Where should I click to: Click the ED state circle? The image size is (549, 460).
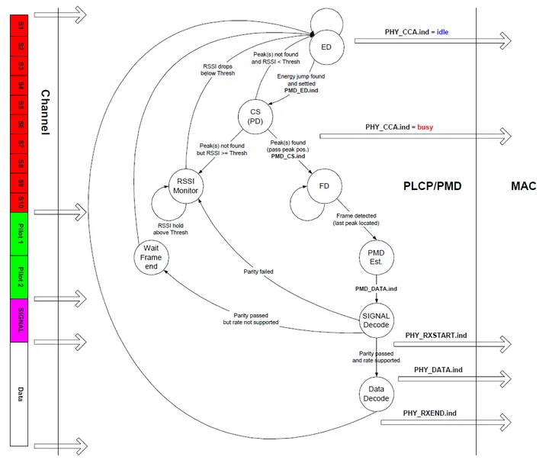[326, 47]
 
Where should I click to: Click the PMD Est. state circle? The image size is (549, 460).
[375, 257]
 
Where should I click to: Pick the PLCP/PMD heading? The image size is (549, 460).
[432, 185]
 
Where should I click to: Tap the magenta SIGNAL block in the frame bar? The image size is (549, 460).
[19, 320]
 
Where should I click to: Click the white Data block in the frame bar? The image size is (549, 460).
[19, 394]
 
